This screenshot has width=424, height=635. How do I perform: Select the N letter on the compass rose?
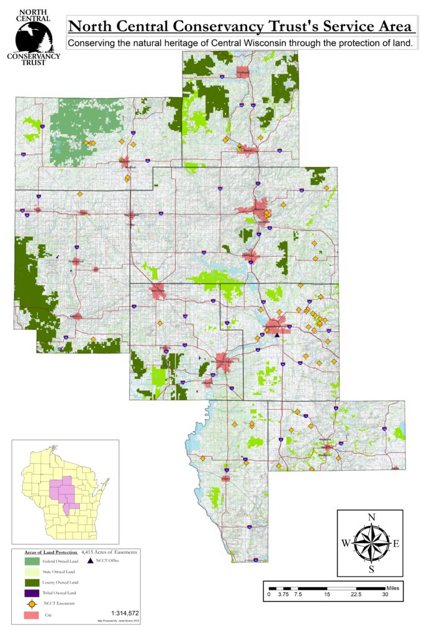coord(371,517)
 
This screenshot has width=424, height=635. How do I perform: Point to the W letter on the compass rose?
coord(346,543)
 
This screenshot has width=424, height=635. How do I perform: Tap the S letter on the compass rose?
coord(371,569)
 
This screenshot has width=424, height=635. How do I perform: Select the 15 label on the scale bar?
coord(327,595)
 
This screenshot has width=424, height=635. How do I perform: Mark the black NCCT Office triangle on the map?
coord(277,335)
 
